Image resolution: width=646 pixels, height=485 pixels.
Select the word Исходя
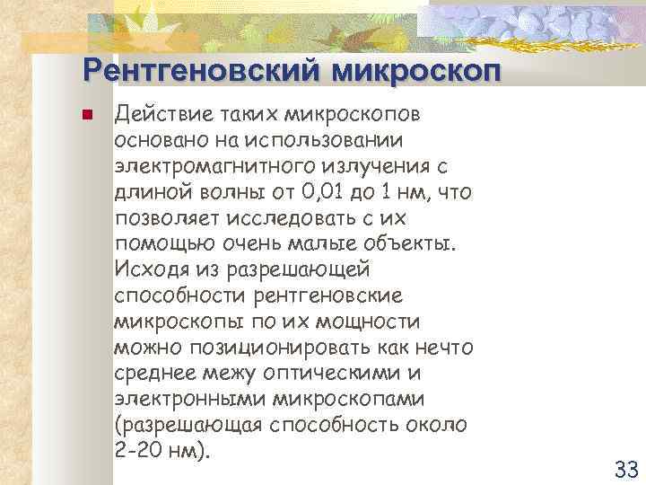pyautogui.click(x=149, y=269)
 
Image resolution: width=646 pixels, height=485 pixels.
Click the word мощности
pyautogui.click(x=374, y=321)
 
